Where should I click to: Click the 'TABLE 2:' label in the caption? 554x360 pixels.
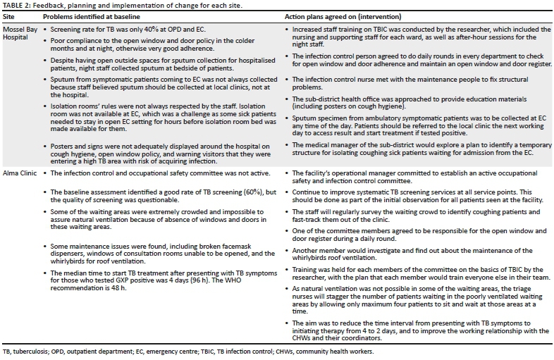[x=16, y=5]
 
